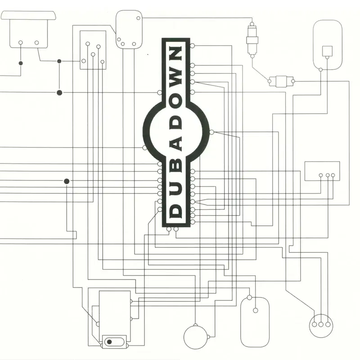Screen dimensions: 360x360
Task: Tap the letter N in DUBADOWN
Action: (176, 54)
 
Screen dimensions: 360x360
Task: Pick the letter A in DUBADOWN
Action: (176, 144)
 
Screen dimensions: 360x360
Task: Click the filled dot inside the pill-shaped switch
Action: (109, 342)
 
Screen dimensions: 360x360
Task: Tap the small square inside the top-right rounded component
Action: (327, 51)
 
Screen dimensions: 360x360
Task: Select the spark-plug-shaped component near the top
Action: (252, 40)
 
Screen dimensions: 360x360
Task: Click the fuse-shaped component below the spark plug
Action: (281, 81)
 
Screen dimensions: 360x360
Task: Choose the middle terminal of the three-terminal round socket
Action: (321, 324)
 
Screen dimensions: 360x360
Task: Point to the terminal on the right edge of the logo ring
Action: (211, 132)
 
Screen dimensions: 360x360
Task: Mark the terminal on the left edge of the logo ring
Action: (145, 148)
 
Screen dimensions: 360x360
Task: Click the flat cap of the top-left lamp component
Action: (28, 15)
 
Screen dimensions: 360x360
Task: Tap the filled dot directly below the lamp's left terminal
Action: (21, 63)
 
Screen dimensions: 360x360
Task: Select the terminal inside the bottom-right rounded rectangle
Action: (255, 310)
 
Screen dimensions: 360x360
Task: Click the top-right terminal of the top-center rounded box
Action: (139, 18)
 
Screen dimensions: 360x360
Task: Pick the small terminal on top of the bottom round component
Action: (195, 325)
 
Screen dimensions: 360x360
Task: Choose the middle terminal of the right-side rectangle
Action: (328, 175)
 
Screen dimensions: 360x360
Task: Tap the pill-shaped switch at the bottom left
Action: (114, 342)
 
